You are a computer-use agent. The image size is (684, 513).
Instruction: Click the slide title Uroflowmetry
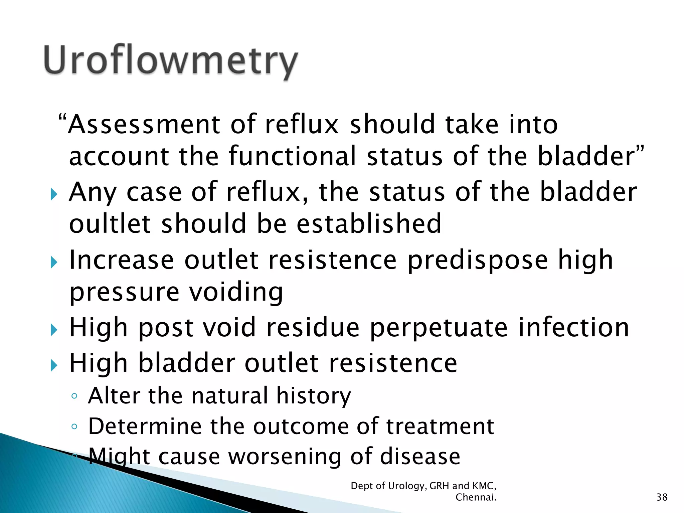point(170,60)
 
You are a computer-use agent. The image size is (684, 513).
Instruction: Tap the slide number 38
point(662,497)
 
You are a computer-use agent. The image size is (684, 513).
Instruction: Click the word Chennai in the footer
point(476,497)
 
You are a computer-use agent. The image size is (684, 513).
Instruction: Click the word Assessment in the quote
point(144,124)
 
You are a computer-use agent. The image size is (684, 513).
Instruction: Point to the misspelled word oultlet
point(110,223)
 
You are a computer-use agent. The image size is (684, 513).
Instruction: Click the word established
point(369,223)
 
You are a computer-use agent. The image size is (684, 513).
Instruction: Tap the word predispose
point(478,260)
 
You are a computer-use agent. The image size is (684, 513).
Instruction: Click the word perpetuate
point(439,328)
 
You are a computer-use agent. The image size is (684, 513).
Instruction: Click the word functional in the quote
point(293,156)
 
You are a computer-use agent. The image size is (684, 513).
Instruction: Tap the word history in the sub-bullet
point(314,396)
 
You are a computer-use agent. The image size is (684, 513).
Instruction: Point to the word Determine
point(145,426)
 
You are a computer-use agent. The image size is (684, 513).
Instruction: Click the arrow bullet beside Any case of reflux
point(54,194)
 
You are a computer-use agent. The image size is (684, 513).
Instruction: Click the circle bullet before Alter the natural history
point(74,396)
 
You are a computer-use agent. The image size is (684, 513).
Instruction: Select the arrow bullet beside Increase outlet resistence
point(54,262)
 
